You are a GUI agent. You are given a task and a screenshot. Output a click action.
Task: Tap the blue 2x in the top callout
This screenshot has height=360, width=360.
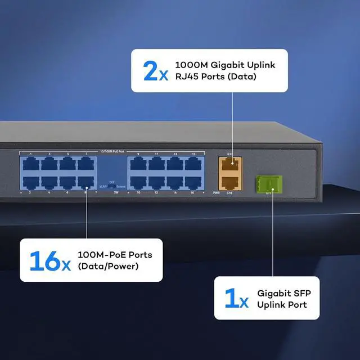[x=155, y=71]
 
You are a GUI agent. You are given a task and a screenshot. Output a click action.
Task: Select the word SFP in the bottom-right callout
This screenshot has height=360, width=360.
[x=300, y=293]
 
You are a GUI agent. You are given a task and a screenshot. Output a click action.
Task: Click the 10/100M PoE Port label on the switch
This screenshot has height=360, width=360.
[x=111, y=151]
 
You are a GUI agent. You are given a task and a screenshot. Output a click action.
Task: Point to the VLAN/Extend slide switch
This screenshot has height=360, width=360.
[x=112, y=186]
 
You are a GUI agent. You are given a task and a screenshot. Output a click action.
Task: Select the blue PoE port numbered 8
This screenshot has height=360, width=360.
[x=86, y=182]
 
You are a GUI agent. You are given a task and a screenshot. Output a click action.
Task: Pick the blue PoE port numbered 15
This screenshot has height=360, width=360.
[x=193, y=164]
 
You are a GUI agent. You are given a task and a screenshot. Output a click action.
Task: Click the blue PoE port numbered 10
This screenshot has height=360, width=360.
[x=138, y=182]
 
